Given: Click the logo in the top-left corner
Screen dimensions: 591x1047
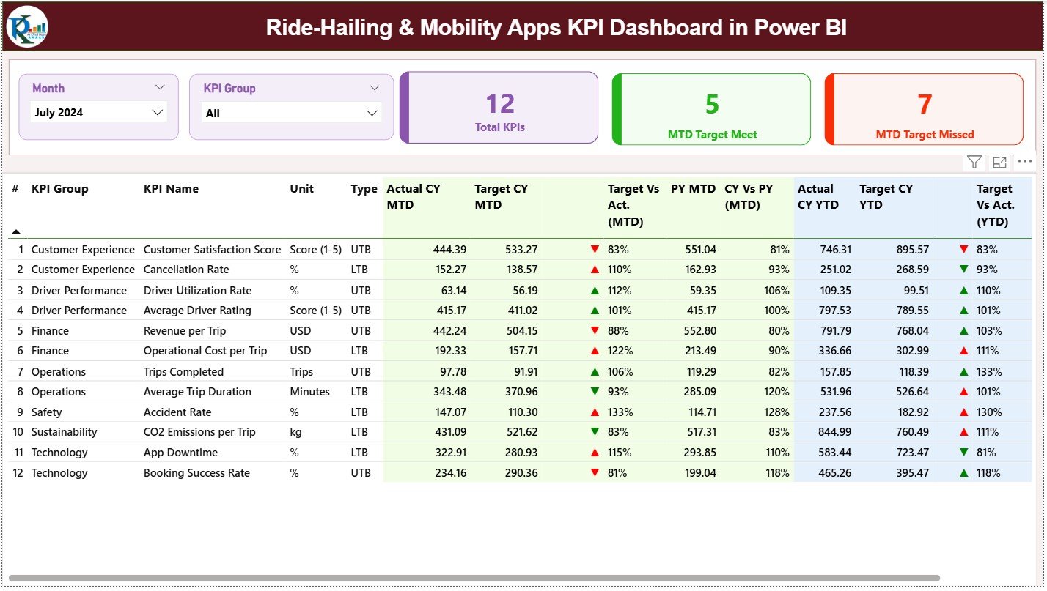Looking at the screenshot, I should pos(27,26).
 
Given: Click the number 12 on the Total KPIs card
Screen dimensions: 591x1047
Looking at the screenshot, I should pos(500,104).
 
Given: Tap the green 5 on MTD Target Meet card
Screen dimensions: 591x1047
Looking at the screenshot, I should pos(712,104).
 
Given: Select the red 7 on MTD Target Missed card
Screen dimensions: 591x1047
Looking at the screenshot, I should pos(925,104).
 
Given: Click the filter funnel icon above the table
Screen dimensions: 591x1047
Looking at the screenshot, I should pos(974,162).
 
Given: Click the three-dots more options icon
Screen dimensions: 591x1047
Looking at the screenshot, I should pos(1025,162).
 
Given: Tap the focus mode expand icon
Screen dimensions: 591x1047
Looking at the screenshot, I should pos(999,162).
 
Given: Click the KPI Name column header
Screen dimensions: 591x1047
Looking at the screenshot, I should pos(171,189).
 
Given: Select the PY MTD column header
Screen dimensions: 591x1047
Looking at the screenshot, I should pos(693,189).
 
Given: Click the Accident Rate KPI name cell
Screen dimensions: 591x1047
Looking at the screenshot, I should pos(174,412).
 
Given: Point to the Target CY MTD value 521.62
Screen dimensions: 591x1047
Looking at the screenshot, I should pos(516,432).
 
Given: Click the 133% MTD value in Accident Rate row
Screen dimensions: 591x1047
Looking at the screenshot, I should pos(620,412).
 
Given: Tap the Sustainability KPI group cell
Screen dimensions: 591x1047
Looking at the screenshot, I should pos(64,432).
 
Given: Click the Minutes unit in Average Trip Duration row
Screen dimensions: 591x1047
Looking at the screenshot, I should pos(309,392).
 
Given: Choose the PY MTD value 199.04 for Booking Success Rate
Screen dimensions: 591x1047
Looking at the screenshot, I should pos(700,473).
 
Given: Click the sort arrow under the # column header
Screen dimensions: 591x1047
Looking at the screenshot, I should pos(16,231).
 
